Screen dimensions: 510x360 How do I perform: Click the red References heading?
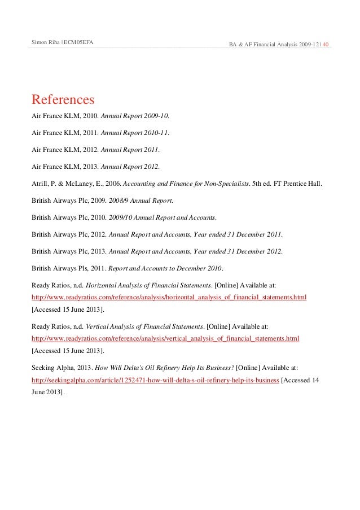tap(63, 100)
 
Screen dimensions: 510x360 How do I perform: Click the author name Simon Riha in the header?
tap(46, 43)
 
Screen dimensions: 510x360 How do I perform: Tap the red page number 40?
tap(326, 44)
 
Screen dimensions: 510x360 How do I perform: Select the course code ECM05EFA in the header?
tap(79, 43)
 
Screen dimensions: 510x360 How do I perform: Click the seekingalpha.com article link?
tap(155, 380)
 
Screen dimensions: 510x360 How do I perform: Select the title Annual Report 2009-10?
tap(134, 116)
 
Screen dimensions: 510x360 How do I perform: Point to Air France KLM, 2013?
tap(64, 167)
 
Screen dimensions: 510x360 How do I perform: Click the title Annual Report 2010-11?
tap(134, 133)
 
